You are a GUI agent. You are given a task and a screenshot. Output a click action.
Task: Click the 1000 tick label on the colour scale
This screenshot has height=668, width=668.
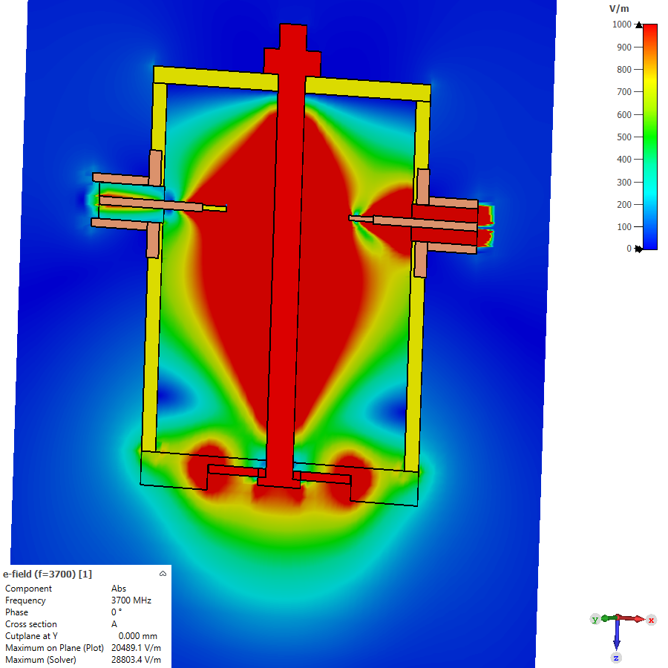point(621,24)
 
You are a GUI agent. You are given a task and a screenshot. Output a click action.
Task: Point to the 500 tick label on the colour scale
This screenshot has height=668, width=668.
point(624,137)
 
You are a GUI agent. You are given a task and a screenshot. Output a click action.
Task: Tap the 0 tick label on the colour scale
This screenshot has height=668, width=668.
point(629,249)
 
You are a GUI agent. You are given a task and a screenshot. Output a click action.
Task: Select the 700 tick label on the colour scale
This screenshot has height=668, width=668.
point(624,91)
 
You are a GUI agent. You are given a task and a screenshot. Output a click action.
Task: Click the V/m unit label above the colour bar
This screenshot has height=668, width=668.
point(619,8)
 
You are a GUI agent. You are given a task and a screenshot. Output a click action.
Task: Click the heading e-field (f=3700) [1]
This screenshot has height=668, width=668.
point(48,574)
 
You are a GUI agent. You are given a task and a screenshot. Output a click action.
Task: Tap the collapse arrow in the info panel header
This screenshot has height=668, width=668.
point(163,574)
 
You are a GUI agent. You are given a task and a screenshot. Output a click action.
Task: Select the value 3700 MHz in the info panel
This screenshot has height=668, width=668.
point(131,600)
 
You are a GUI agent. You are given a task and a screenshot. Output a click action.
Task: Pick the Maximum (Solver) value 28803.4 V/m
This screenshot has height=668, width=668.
point(137,660)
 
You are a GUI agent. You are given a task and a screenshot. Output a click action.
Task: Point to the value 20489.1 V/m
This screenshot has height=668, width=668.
point(137,648)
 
